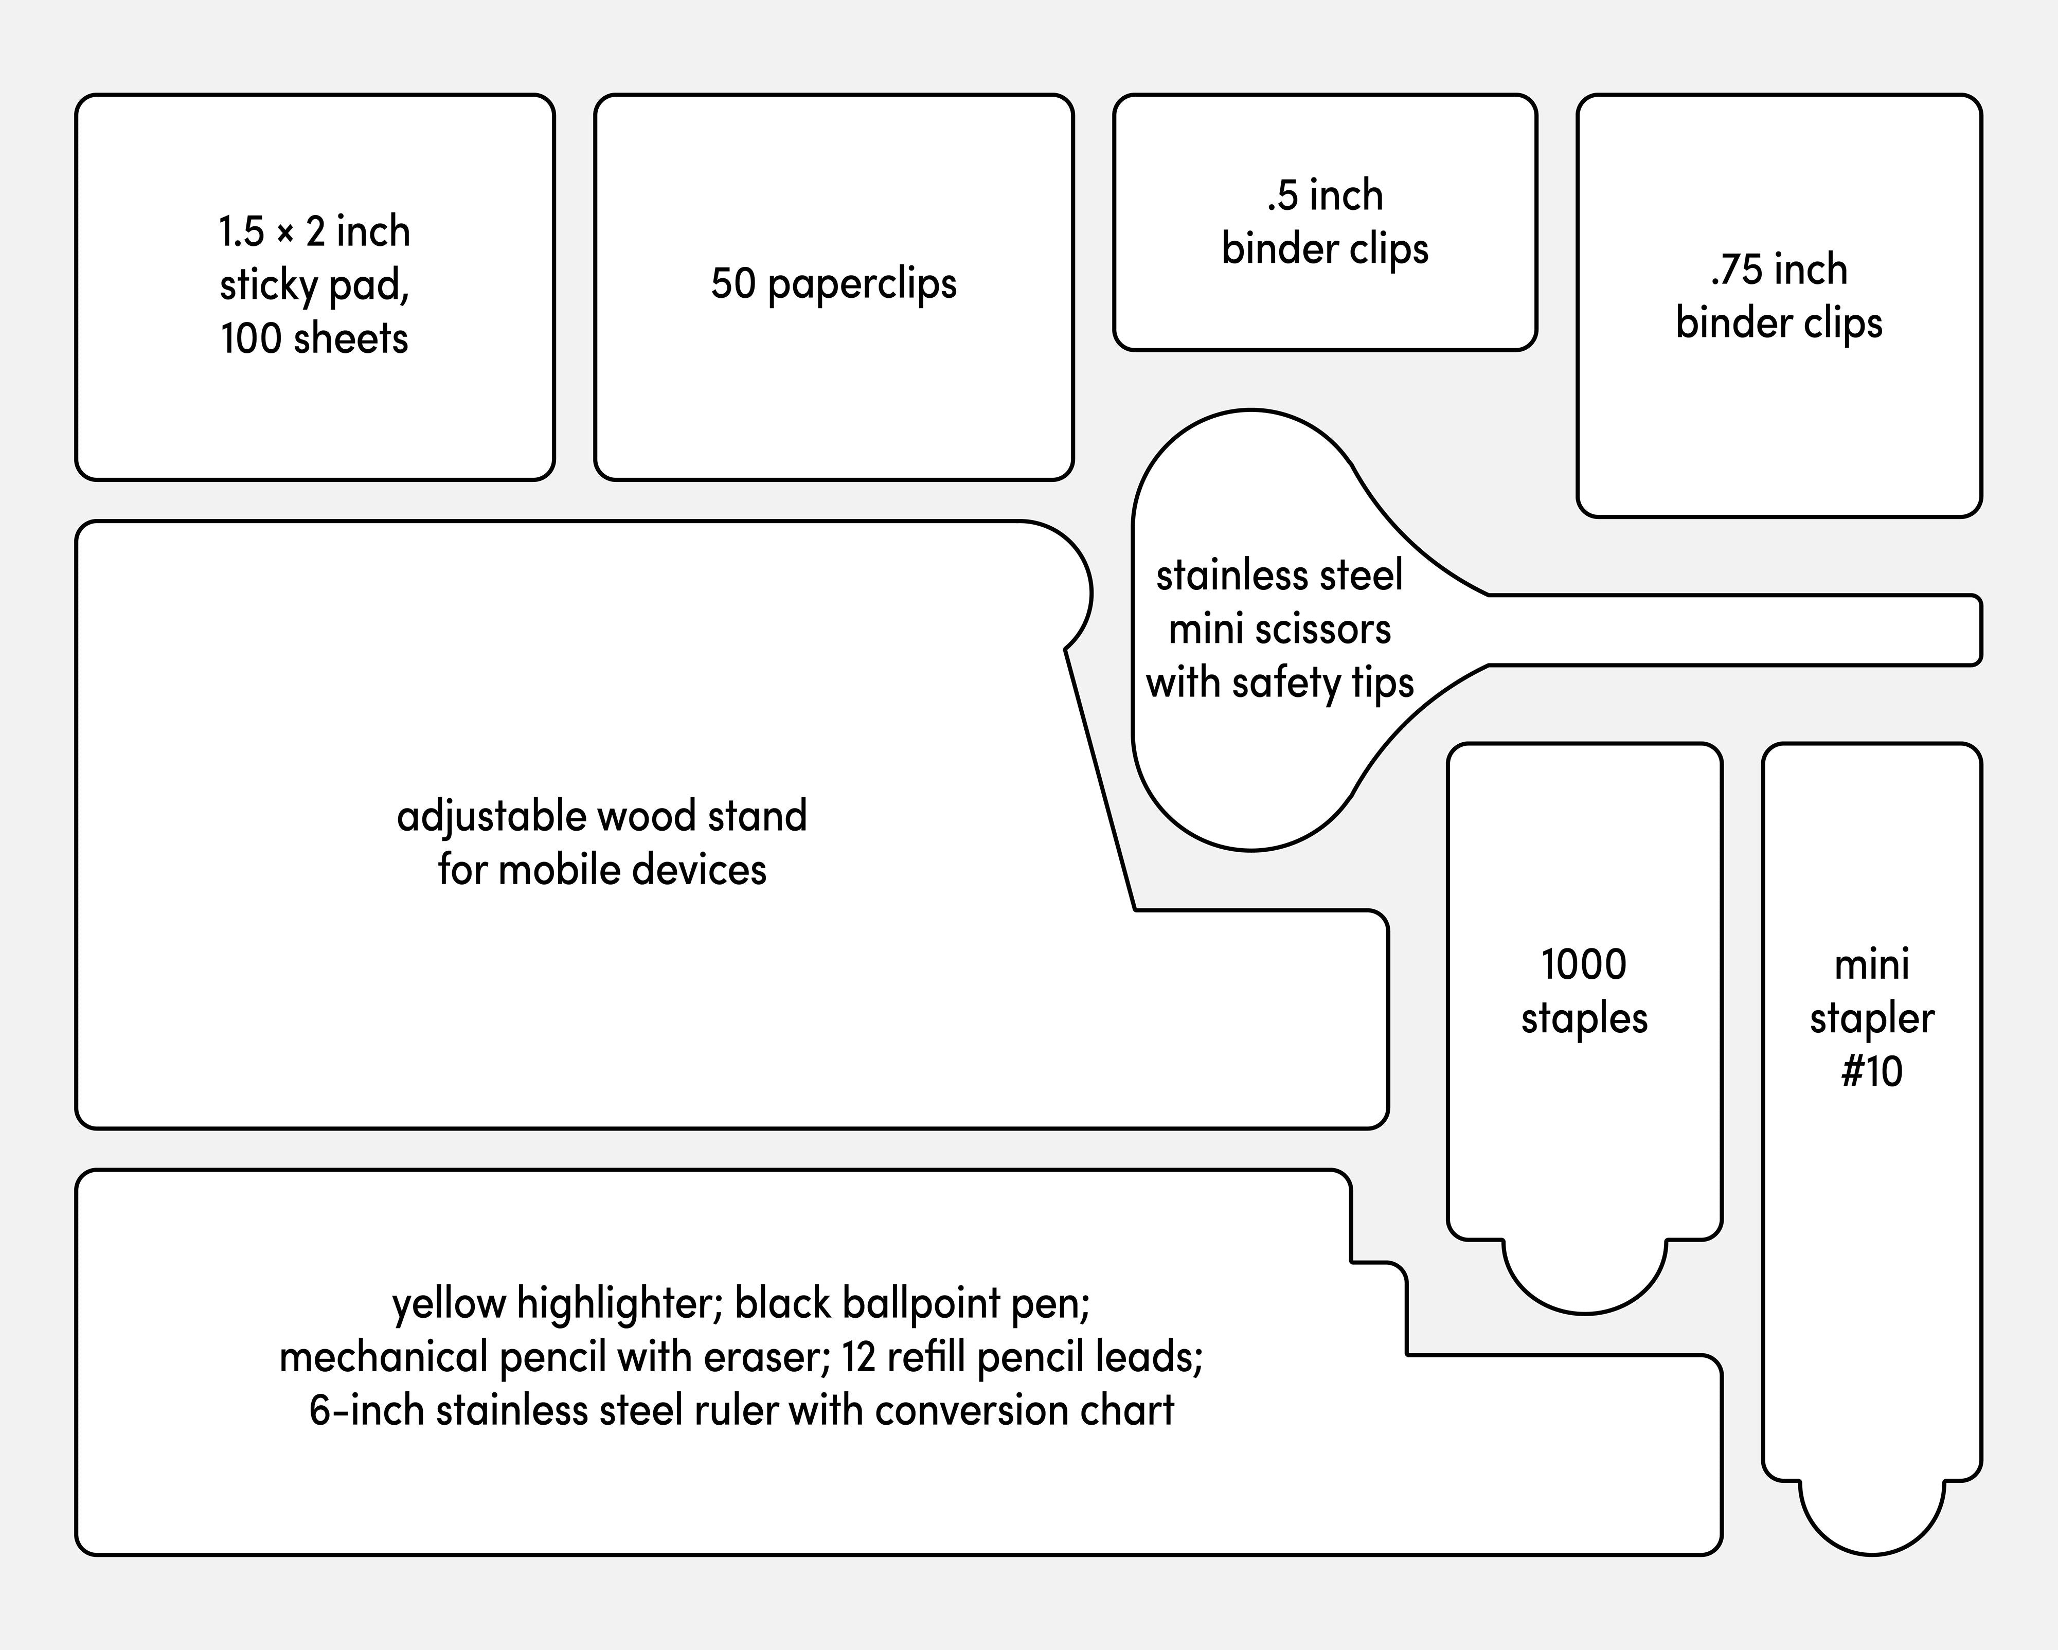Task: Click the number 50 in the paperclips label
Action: click(x=733, y=283)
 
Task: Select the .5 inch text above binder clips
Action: click(x=1325, y=195)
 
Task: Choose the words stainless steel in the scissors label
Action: click(x=1279, y=576)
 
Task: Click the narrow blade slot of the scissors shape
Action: click(x=1737, y=630)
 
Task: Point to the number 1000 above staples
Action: click(x=1584, y=965)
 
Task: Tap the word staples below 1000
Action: click(x=1584, y=1018)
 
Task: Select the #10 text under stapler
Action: click(x=1871, y=1072)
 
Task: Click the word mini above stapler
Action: click(x=1871, y=965)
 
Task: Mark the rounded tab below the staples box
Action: click(x=1584, y=1274)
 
